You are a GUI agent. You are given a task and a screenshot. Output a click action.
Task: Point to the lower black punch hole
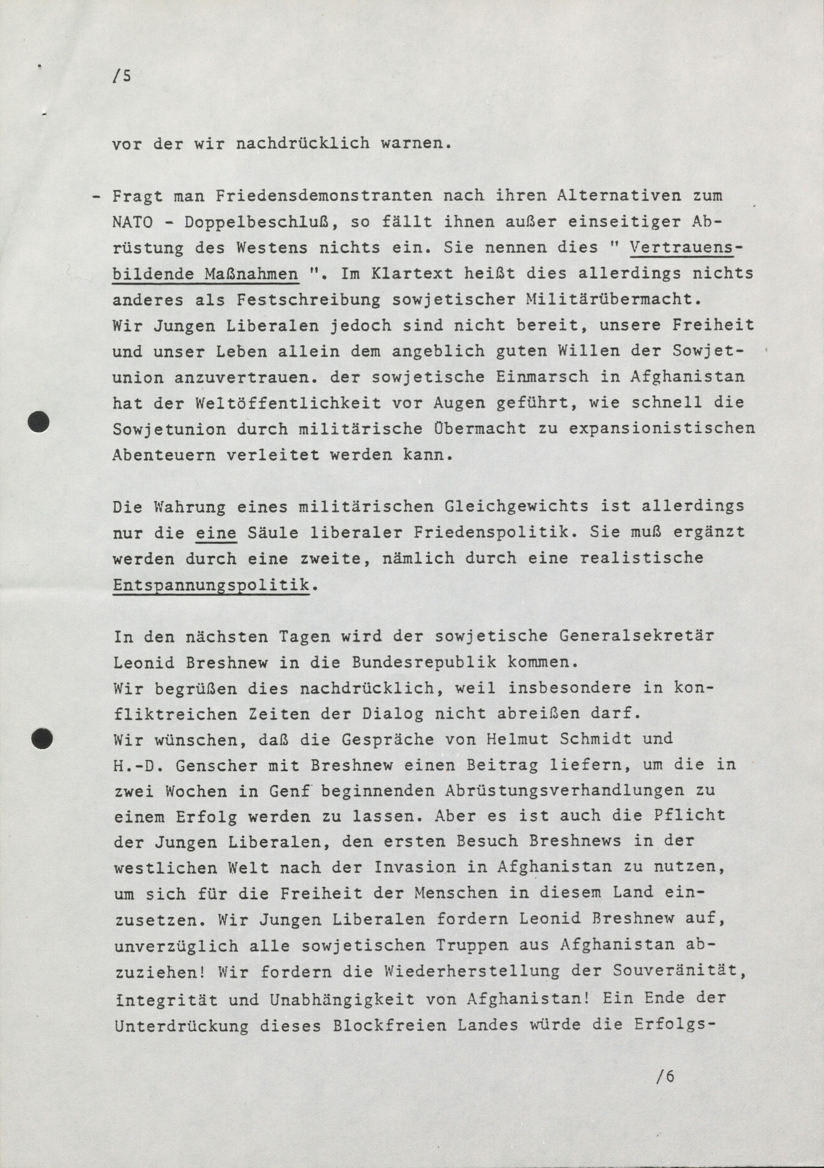pos(42,738)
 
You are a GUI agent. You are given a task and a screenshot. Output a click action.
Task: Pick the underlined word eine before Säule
pos(216,533)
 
